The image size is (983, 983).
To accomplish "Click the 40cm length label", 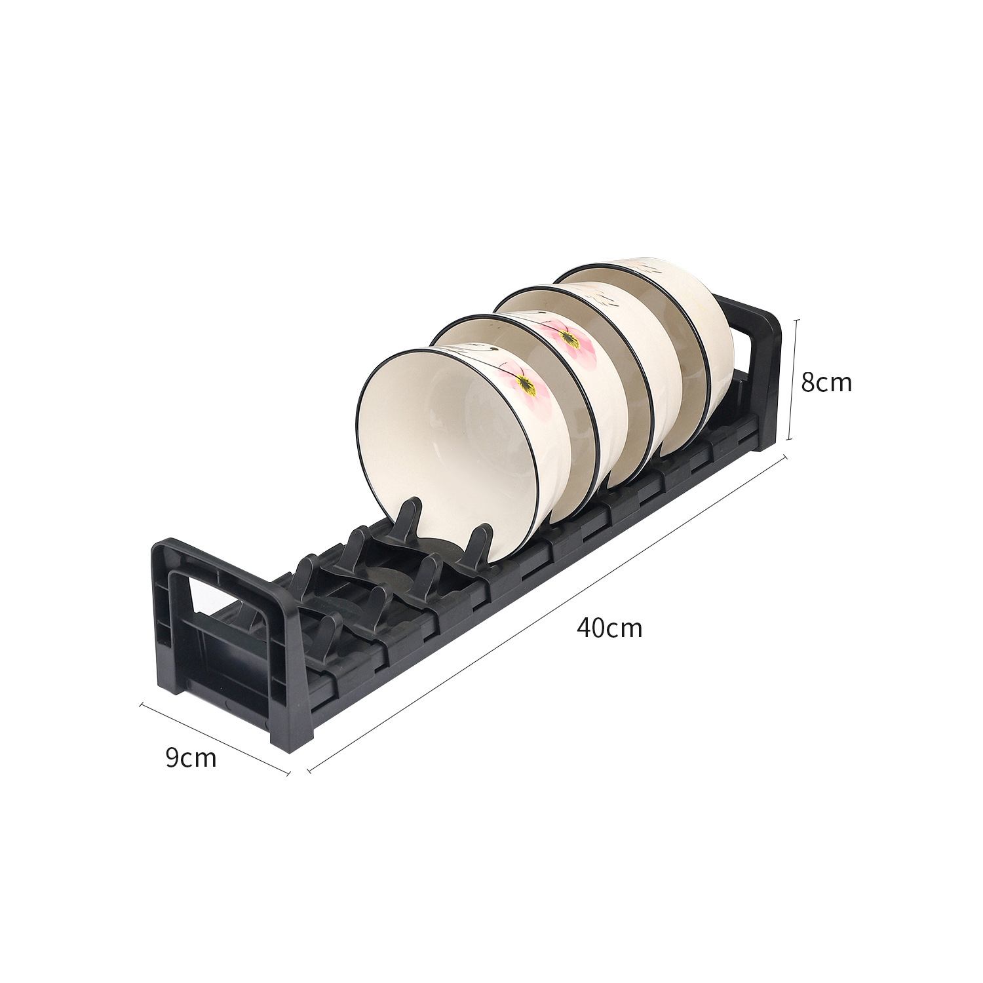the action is tap(609, 628).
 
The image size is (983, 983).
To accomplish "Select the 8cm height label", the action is tap(826, 382).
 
